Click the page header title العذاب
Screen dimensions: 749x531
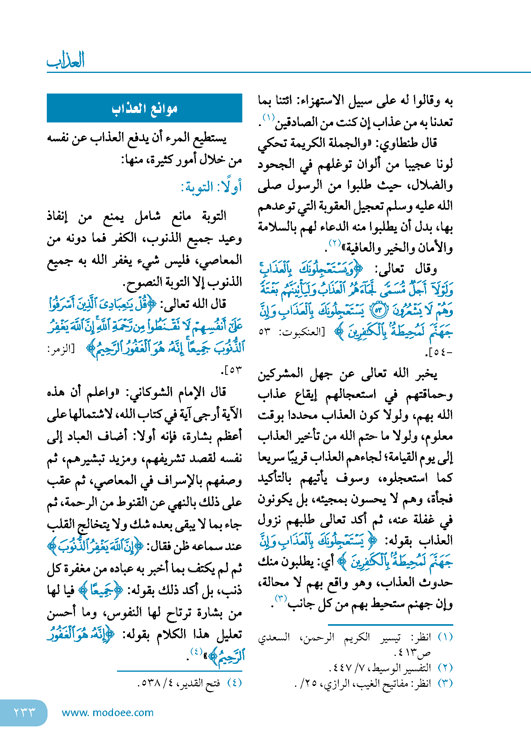click(66, 61)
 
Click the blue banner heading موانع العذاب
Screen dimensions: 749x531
click(144, 108)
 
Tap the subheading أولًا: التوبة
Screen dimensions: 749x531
click(211, 187)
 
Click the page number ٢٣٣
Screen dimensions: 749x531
click(24, 712)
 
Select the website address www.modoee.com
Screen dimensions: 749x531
click(107, 713)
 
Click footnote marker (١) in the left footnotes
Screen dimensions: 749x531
click(445, 637)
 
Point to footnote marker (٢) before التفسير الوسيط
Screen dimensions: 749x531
click(445, 668)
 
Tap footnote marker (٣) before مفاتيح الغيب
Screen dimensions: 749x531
click(445, 684)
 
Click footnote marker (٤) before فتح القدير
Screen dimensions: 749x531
click(234, 683)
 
